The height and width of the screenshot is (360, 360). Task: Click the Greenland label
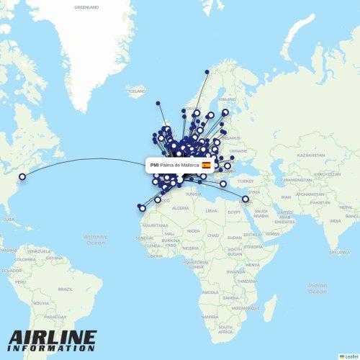pyautogui.click(x=86, y=7)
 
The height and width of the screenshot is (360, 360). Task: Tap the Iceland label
pyautogui.click(x=136, y=92)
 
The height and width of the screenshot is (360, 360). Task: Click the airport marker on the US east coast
pyautogui.click(x=22, y=176)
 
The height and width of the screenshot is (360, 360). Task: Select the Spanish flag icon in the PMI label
pyautogui.click(x=206, y=165)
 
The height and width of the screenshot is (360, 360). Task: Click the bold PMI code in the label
pyautogui.click(x=155, y=165)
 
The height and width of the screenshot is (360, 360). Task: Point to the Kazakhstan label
pyautogui.click(x=312, y=155)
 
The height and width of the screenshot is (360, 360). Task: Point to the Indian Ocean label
pyautogui.click(x=318, y=287)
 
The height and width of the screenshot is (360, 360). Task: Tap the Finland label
pyautogui.click(x=228, y=99)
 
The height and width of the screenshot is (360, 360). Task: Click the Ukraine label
pyautogui.click(x=238, y=151)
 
